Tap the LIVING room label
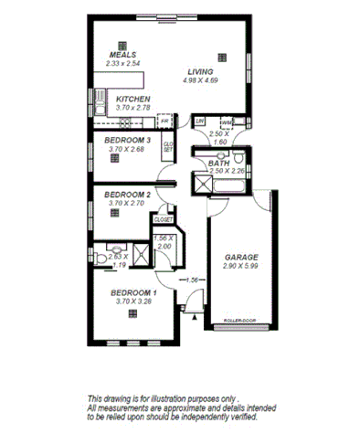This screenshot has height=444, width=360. click(x=201, y=71)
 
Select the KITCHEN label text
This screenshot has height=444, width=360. click(x=133, y=99)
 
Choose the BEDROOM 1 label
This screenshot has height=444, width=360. click(x=133, y=292)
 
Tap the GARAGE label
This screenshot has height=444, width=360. click(x=241, y=258)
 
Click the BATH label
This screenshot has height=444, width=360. click(x=219, y=163)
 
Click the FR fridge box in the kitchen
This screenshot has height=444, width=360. click(x=165, y=121)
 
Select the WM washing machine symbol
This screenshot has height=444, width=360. click(x=223, y=122)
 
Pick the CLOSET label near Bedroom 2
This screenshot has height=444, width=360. click(x=164, y=220)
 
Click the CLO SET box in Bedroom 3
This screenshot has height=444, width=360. click(x=167, y=145)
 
